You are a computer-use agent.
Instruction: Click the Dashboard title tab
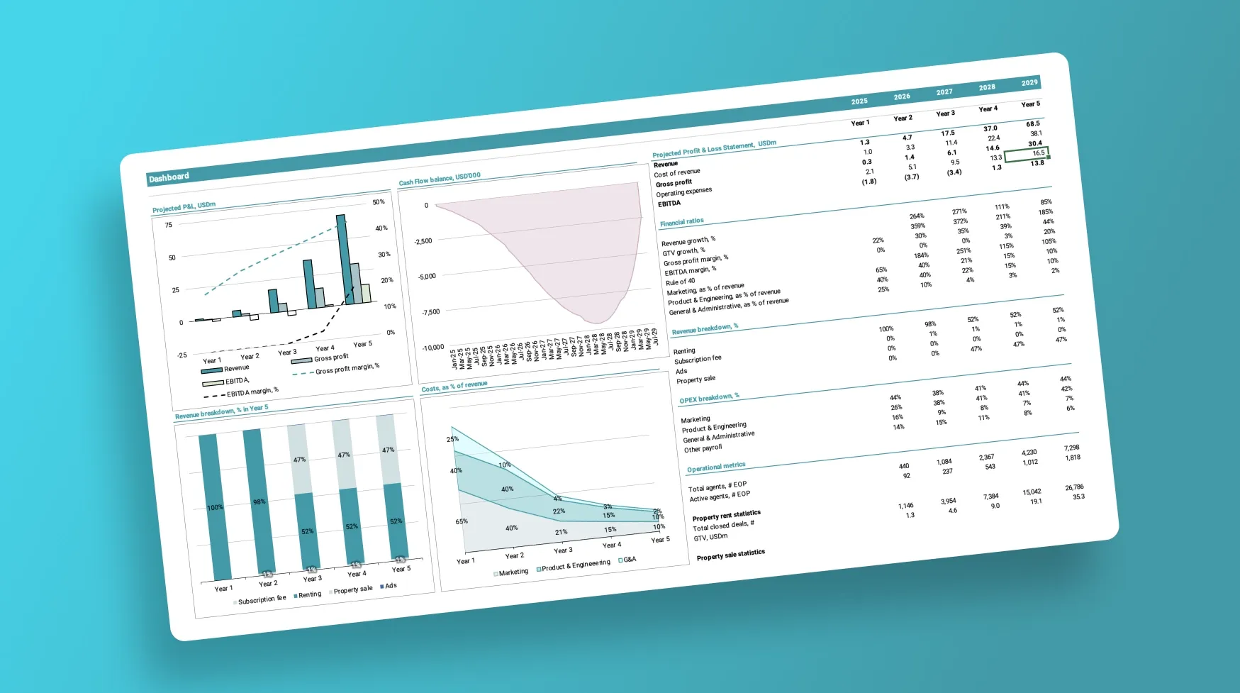pos(169,177)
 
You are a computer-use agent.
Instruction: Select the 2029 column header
pos(1029,83)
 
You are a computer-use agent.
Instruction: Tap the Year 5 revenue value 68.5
pos(1032,124)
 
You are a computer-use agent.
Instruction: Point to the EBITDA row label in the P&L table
pos(669,204)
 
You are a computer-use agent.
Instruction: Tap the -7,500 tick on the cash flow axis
pos(430,312)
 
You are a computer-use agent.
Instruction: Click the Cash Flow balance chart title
pos(440,178)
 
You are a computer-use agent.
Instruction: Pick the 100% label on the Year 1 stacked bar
pos(215,507)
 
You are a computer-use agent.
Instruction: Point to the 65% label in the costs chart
pos(462,521)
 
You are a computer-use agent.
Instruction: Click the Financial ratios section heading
pos(681,222)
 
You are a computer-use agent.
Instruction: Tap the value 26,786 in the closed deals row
pos(1073,487)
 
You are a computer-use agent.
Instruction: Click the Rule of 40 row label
pos(680,282)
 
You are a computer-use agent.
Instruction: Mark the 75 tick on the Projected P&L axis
pos(169,225)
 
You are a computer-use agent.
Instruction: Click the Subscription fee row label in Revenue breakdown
pos(697,360)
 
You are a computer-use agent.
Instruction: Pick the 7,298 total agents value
pos(1071,448)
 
